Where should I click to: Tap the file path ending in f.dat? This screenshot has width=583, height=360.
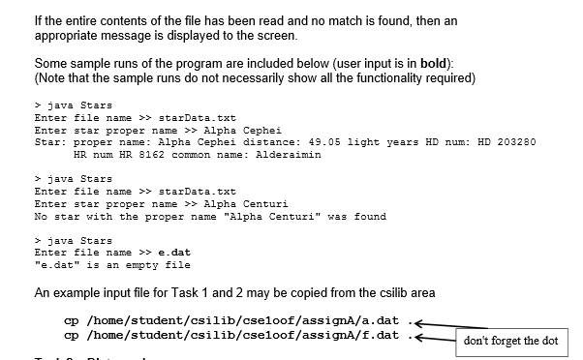(x=240, y=335)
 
